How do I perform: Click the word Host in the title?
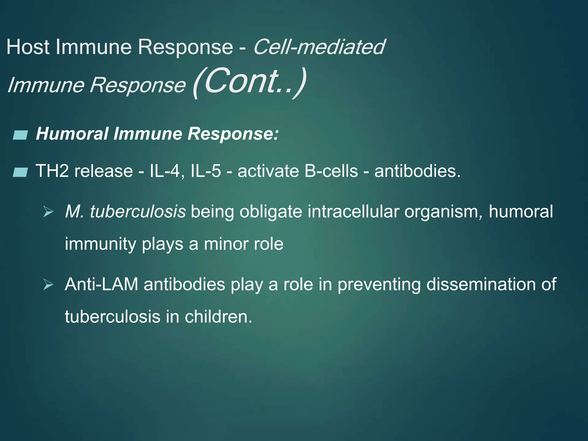pos(28,47)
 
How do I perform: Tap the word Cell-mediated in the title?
pos(319,47)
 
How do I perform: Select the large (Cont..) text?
pos(249,82)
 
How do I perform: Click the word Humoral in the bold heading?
pos(72,134)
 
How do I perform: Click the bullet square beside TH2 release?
pos(20,172)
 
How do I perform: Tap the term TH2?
pos(52,171)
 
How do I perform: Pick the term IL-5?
pos(206,171)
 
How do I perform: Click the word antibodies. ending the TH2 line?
pos(417,171)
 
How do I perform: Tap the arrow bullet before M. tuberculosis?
pos(48,212)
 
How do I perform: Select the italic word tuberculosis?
pos(138,212)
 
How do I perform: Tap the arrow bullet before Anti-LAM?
pos(48,285)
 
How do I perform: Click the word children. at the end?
pos(218,317)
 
